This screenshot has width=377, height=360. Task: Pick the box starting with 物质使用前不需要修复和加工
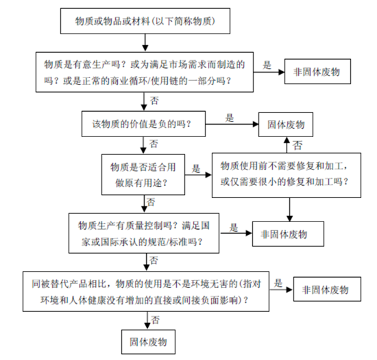(287, 174)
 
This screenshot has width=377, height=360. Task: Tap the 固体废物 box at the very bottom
(148, 340)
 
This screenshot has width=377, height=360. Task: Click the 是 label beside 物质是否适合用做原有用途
(196, 167)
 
